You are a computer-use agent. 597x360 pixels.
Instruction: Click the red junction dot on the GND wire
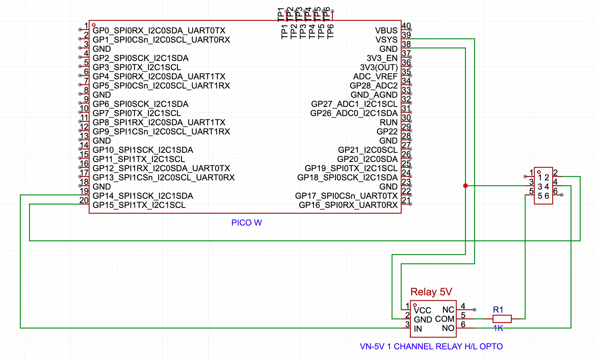[x=465, y=186]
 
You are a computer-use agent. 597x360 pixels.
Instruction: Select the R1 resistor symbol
[x=502, y=318]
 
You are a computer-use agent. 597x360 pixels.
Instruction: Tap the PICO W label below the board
[x=246, y=223]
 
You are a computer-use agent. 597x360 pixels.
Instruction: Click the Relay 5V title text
[x=431, y=292]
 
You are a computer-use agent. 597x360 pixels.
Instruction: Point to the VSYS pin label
[x=387, y=40]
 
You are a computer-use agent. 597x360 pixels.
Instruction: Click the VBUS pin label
[x=386, y=30]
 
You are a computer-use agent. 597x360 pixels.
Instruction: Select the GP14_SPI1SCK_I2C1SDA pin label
[x=143, y=196]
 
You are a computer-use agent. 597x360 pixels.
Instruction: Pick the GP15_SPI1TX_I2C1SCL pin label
[x=139, y=205]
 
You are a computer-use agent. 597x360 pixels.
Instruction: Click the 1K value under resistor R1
[x=498, y=328]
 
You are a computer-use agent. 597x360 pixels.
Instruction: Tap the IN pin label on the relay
[x=417, y=329]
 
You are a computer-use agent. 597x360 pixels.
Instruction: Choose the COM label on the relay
[x=445, y=319]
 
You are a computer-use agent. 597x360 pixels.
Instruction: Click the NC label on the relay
[x=448, y=310]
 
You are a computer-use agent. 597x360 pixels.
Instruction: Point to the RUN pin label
[x=388, y=122]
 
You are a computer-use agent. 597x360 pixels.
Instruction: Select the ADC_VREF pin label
[x=375, y=76]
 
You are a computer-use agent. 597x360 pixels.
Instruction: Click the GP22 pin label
[x=387, y=132]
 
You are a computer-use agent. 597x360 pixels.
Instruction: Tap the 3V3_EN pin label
[x=382, y=58]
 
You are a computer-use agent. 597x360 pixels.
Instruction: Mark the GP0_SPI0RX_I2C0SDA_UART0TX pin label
[x=159, y=30]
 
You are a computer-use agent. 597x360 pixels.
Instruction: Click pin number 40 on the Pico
[x=406, y=26]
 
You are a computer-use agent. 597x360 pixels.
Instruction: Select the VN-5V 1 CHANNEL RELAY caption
[x=431, y=346]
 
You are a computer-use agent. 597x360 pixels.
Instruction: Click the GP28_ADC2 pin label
[x=374, y=86]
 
